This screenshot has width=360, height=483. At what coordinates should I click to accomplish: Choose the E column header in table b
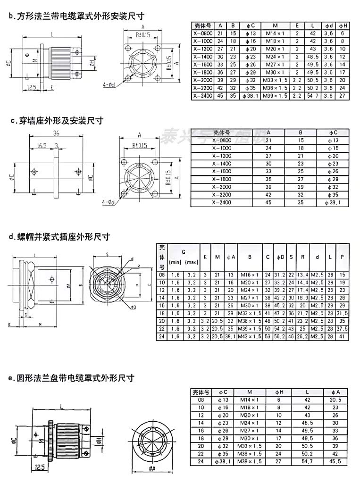click(297, 25)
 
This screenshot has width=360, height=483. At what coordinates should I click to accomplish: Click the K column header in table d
click(205, 257)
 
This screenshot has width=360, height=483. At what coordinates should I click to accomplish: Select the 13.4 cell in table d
click(302, 275)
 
